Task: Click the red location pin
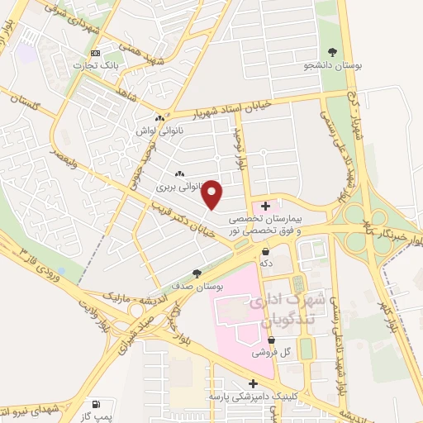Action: pos(213,194)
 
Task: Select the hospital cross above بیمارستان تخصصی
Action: pos(264,205)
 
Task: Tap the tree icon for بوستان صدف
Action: pos(196,272)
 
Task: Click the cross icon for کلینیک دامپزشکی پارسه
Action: pos(254,384)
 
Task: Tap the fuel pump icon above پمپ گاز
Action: pos(97,404)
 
